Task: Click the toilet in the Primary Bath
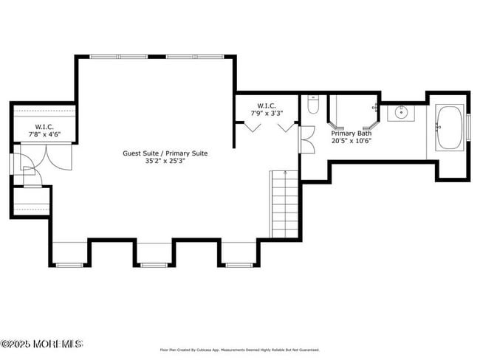tap(312, 105)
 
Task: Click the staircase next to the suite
tap(285, 202)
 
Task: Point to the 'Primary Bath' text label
tap(351, 133)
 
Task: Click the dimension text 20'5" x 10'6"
tap(351, 140)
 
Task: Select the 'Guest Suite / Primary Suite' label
tap(165, 153)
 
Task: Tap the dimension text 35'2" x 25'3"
tap(165, 162)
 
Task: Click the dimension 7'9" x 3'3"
tap(267, 114)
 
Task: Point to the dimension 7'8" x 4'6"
tap(44, 134)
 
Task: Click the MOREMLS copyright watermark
tap(42, 344)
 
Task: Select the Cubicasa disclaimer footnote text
tap(239, 350)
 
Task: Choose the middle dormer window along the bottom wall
tap(154, 264)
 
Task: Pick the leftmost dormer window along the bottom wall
tap(69, 264)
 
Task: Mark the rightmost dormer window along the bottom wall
tap(239, 264)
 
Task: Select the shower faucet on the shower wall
tap(376, 108)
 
